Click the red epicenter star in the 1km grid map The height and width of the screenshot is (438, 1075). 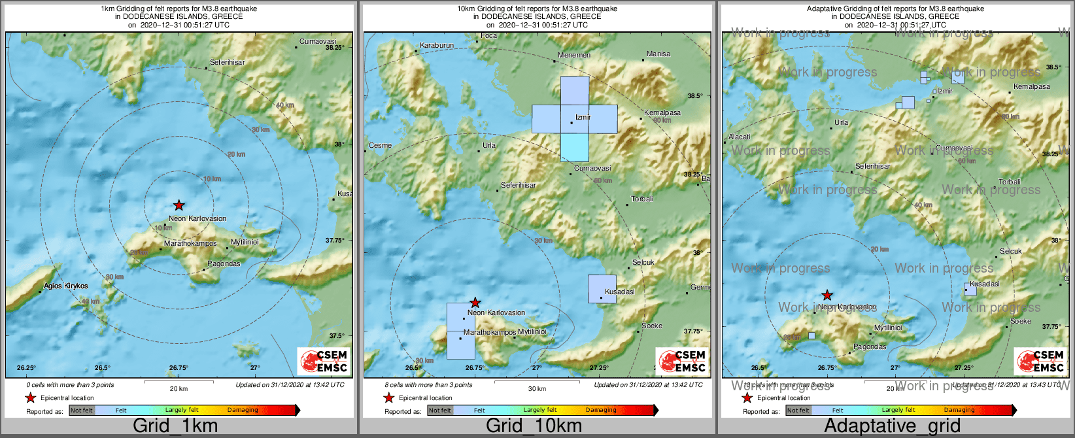pyautogui.click(x=179, y=205)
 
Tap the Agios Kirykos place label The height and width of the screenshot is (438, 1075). pyautogui.click(x=66, y=286)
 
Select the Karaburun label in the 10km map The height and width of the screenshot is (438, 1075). pyautogui.click(x=436, y=46)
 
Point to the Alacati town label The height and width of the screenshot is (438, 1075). pyautogui.click(x=740, y=137)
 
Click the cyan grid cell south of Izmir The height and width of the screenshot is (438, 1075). pyautogui.click(x=575, y=148)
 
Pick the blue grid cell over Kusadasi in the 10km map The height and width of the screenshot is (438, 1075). pyautogui.click(x=602, y=289)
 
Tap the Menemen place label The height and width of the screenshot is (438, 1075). pyautogui.click(x=574, y=56)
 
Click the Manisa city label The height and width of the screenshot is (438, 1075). pyautogui.click(x=658, y=54)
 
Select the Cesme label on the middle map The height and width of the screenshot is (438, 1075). pyautogui.click(x=381, y=145)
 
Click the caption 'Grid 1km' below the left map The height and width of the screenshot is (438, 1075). pyautogui.click(x=175, y=426)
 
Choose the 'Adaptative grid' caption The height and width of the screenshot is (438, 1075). pyautogui.click(x=892, y=426)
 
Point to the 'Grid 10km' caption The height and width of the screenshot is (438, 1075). pyautogui.click(x=534, y=426)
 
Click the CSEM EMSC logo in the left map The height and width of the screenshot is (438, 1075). pyautogui.click(x=323, y=361)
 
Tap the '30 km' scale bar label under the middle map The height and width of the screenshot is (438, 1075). pyautogui.click(x=537, y=389)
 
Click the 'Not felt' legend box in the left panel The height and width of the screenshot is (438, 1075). pyautogui.click(x=82, y=411)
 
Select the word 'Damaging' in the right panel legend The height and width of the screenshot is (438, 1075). pyautogui.click(x=959, y=411)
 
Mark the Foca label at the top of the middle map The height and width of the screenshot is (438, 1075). pyautogui.click(x=488, y=36)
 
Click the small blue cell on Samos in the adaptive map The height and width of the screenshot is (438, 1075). pyautogui.click(x=811, y=335)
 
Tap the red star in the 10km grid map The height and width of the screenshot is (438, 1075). pyautogui.click(x=475, y=303)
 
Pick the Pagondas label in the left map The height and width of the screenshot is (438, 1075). pyautogui.click(x=224, y=264)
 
